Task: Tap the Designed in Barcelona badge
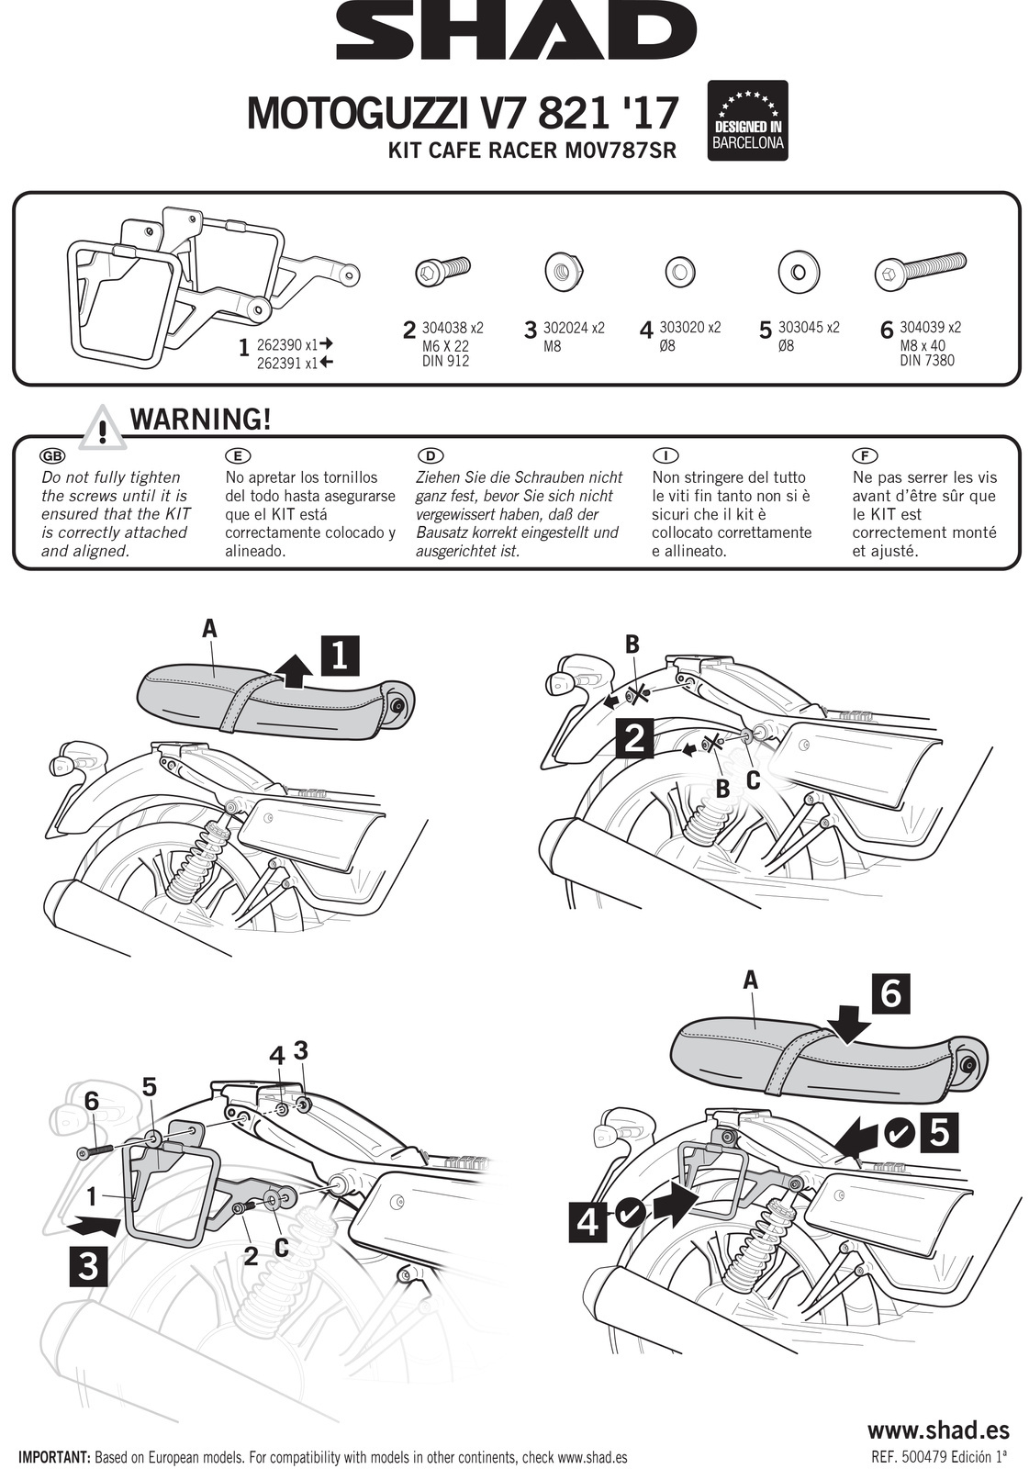[x=748, y=120]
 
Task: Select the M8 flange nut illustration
[x=560, y=272]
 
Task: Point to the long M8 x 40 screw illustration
[x=920, y=272]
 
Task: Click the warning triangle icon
[x=104, y=429]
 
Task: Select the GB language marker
[x=52, y=455]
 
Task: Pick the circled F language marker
[x=865, y=455]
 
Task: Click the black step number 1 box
[x=339, y=656]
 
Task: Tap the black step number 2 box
[x=633, y=737]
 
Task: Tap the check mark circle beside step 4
[x=629, y=1215]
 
